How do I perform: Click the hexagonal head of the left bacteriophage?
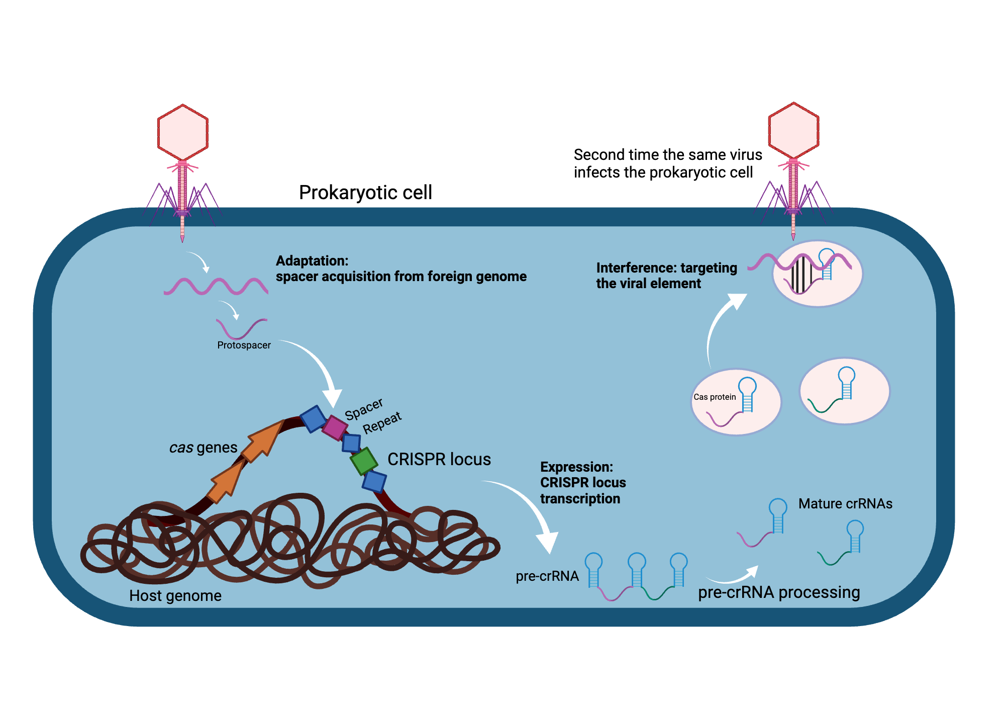tap(183, 132)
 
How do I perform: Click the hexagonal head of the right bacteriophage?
tap(793, 131)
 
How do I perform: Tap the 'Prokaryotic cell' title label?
tap(365, 193)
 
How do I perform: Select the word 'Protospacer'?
tap(244, 345)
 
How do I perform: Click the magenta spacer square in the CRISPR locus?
tap(335, 428)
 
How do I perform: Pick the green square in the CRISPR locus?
tap(364, 461)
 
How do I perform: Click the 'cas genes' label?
tap(203, 448)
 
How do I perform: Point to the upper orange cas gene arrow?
tap(264, 440)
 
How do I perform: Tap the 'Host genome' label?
tap(175, 596)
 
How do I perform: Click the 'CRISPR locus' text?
tap(439, 460)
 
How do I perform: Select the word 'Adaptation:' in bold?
tap(312, 261)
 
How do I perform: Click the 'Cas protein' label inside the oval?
tap(714, 397)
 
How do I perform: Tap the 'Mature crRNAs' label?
tap(845, 504)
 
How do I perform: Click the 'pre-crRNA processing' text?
tap(779, 592)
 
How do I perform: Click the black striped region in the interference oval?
tap(801, 275)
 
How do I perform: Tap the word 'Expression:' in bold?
tap(576, 467)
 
